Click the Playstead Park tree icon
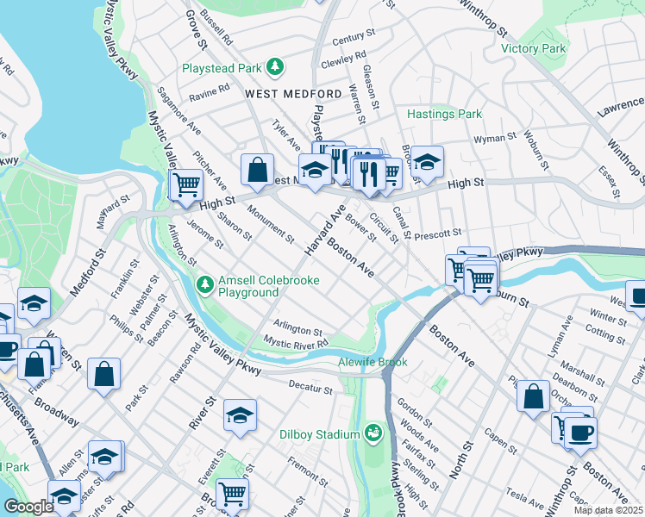point(275,67)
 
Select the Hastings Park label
point(444,114)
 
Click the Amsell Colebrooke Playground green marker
point(204,283)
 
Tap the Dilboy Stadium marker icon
point(373,432)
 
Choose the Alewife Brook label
point(373,362)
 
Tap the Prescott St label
point(439,233)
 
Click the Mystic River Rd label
point(297,343)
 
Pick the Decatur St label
point(310,389)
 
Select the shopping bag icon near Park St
point(103,374)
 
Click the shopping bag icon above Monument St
point(258,170)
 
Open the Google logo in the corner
point(28,507)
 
